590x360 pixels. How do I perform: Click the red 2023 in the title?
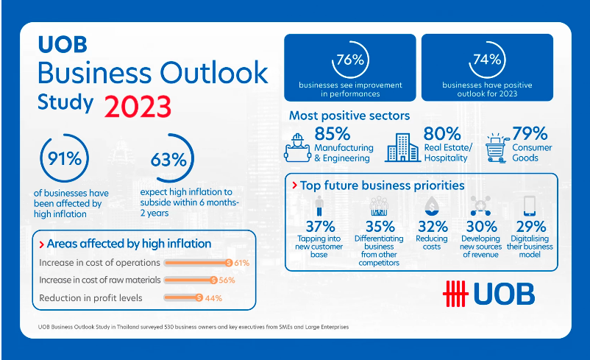click(138, 105)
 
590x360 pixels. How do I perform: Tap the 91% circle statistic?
click(65, 159)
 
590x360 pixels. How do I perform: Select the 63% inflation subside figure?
click(168, 159)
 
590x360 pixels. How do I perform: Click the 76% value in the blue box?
click(350, 62)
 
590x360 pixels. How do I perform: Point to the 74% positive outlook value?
click(488, 62)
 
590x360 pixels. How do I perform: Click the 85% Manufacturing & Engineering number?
click(332, 133)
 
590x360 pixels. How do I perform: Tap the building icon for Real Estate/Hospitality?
click(402, 147)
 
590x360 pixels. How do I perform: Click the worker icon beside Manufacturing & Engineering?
click(298, 147)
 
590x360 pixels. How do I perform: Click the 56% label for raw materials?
click(226, 280)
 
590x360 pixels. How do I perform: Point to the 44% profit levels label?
click(213, 298)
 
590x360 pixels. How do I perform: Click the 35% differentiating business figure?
click(380, 227)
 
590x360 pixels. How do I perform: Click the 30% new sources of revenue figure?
click(481, 227)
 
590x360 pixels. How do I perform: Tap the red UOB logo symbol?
click(455, 293)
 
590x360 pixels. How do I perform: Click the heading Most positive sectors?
click(349, 116)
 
